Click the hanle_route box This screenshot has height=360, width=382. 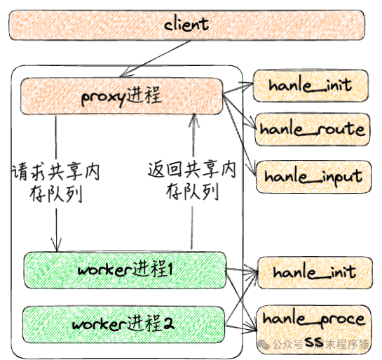pos(311,129)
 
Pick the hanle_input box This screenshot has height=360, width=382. pos(311,175)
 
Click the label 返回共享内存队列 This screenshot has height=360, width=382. pos(191,181)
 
